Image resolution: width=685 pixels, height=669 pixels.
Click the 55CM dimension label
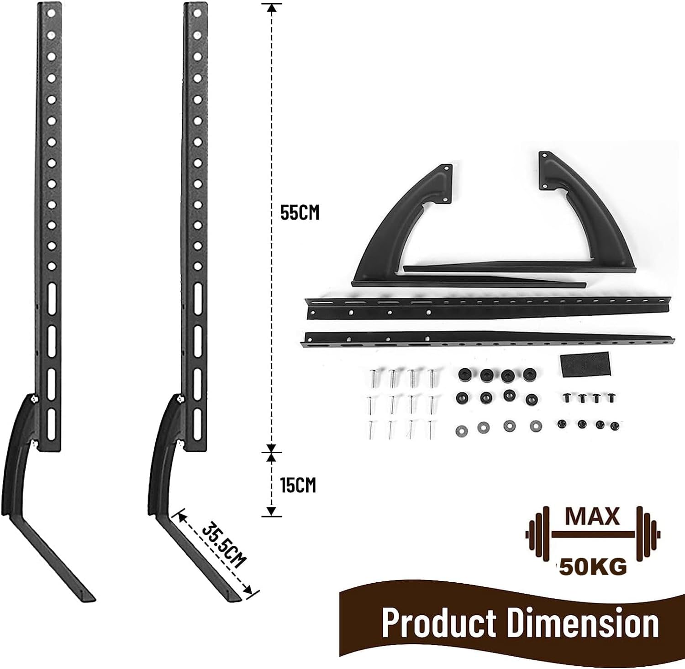pyautogui.click(x=300, y=213)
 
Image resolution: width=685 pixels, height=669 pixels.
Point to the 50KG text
pyautogui.click(x=593, y=566)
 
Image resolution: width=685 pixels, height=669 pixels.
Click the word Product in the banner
pyautogui.click(x=438, y=622)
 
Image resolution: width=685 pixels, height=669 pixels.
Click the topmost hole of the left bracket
pyautogui.click(x=51, y=12)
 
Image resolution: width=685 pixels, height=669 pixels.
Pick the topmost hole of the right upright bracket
pyautogui.click(x=197, y=12)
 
